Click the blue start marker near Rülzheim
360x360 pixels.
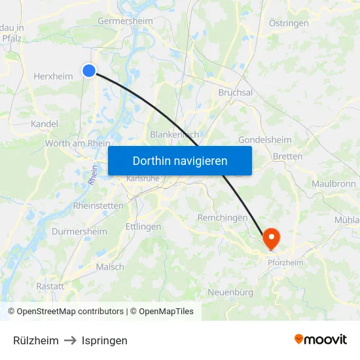(x=89, y=71)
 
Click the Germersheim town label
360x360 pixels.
(x=125, y=21)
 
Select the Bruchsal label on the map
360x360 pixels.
(x=235, y=93)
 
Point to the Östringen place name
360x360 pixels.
(x=289, y=23)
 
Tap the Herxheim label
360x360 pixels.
(x=53, y=77)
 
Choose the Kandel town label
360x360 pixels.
(x=45, y=124)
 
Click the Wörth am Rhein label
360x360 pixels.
(x=77, y=143)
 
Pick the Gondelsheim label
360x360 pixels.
(x=264, y=140)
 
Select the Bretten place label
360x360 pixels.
(x=287, y=156)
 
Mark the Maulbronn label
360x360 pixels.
(x=333, y=183)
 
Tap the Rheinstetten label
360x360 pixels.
(x=98, y=206)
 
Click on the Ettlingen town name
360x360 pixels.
(x=143, y=226)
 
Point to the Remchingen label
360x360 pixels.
(x=223, y=217)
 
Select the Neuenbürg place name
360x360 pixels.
(x=230, y=292)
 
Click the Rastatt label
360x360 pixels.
(x=50, y=286)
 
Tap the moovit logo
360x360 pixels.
(x=320, y=340)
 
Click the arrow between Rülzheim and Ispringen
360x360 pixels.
(x=70, y=340)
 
